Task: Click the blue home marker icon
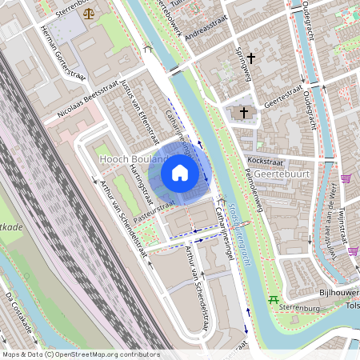click(x=180, y=173)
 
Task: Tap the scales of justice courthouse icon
click(x=87, y=14)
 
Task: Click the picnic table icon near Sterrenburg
click(x=274, y=300)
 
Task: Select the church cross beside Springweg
click(x=252, y=58)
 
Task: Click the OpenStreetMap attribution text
click(x=80, y=354)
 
